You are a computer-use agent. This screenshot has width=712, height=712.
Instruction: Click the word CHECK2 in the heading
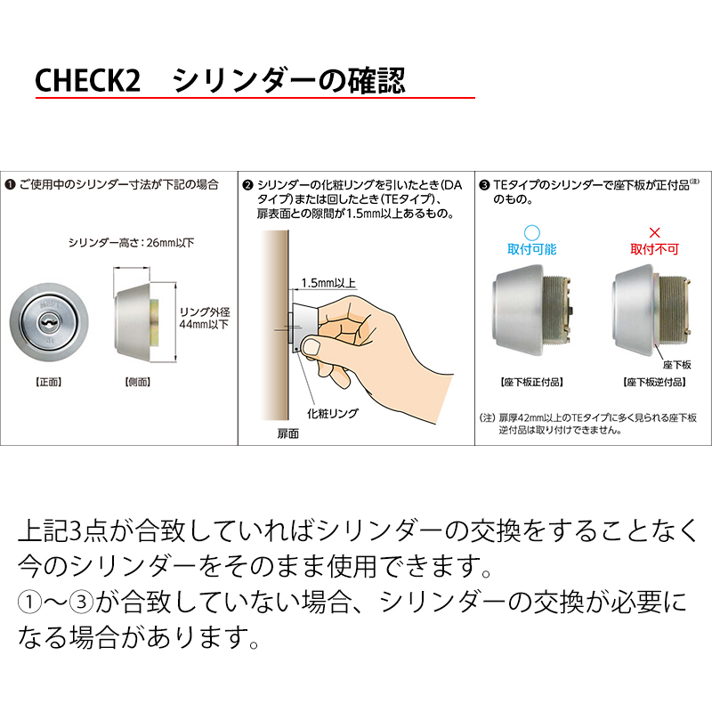(x=87, y=80)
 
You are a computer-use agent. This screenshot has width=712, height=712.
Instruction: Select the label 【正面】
(x=49, y=383)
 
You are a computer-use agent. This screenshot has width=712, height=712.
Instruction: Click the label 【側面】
(x=138, y=383)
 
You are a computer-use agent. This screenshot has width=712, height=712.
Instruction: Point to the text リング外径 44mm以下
(x=205, y=318)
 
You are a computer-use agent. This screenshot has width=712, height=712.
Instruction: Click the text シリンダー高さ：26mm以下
(x=131, y=243)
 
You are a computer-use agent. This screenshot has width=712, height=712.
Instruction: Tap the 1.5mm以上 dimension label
(x=328, y=283)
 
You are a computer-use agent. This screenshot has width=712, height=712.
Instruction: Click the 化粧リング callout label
(x=333, y=413)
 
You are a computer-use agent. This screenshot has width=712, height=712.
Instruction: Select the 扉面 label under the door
(x=287, y=434)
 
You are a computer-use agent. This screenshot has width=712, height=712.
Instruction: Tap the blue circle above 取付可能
(x=531, y=233)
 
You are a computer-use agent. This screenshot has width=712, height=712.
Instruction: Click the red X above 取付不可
(x=654, y=233)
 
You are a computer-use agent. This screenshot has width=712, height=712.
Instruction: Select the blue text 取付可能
(x=531, y=249)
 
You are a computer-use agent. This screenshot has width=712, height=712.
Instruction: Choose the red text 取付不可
(x=654, y=249)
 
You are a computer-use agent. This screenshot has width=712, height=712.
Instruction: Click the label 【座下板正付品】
(x=531, y=383)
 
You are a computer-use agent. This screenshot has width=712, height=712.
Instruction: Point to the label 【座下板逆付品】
(x=654, y=383)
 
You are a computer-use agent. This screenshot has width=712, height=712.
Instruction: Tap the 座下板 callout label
(x=676, y=365)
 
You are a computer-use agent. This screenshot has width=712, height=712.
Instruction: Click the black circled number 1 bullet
(x=10, y=185)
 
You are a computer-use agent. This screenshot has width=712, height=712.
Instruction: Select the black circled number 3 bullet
(x=484, y=185)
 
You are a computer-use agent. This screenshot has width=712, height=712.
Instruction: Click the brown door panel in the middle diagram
(x=275, y=325)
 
